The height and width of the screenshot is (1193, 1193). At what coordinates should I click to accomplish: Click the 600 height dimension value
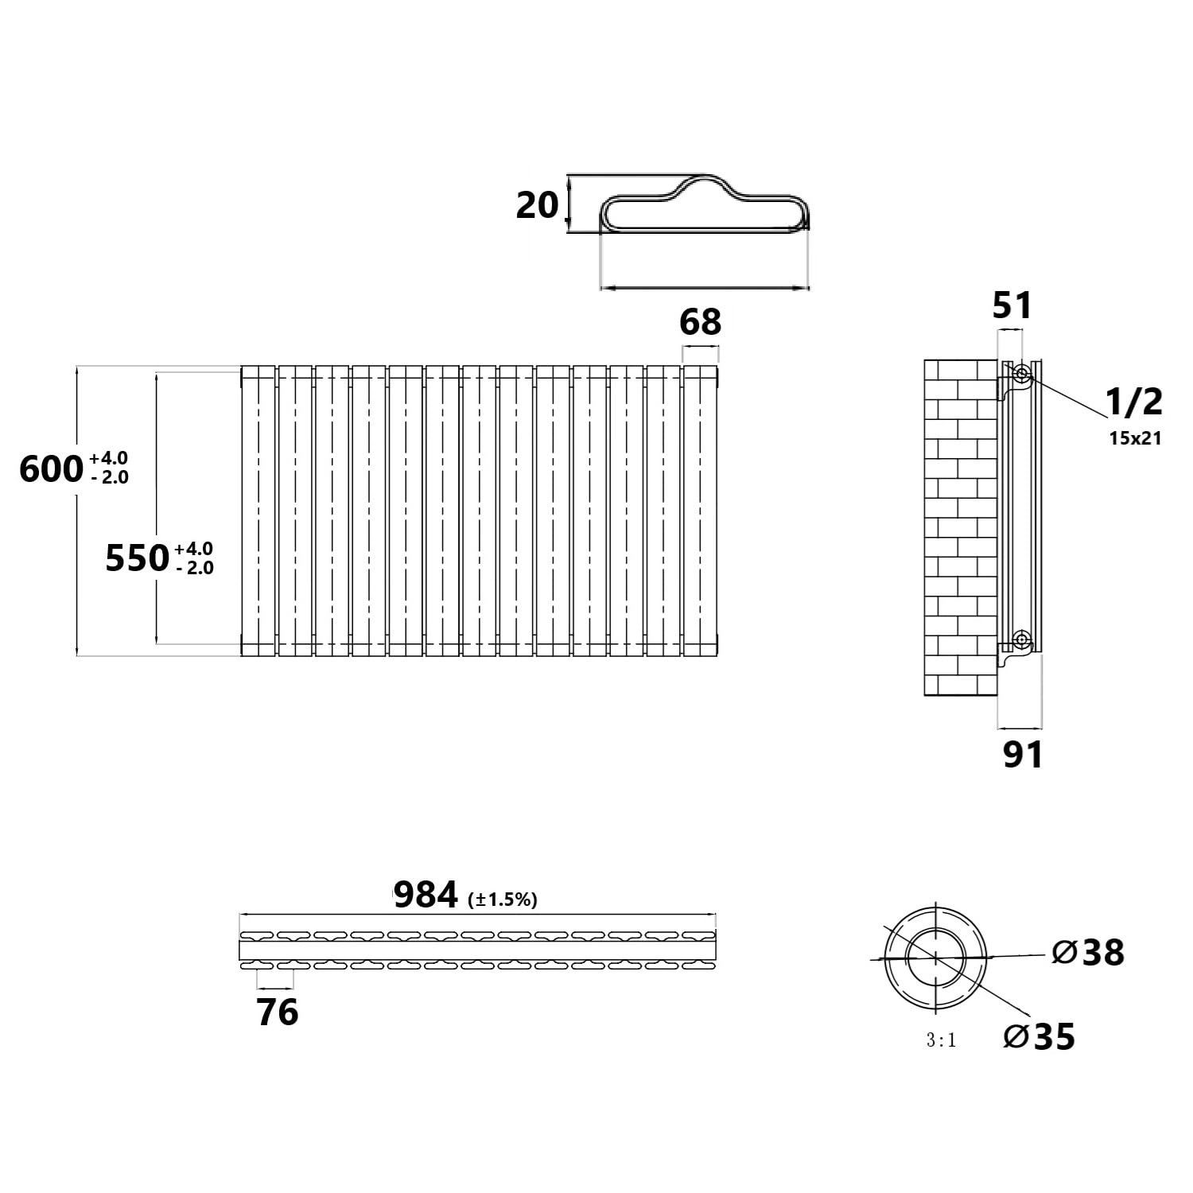click(x=51, y=469)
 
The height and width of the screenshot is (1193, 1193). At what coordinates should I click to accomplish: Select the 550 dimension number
click(x=137, y=558)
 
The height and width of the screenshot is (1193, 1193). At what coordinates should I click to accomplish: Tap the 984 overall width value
click(x=426, y=896)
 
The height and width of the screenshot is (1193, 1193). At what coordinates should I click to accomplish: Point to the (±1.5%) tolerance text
click(x=503, y=900)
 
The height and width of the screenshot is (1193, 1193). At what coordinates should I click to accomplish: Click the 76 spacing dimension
click(x=278, y=1012)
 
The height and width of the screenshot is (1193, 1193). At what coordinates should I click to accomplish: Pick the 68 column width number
click(x=701, y=322)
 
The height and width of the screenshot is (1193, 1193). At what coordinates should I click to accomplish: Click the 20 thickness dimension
click(x=538, y=205)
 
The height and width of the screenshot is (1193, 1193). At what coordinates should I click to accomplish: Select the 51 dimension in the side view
click(x=1012, y=305)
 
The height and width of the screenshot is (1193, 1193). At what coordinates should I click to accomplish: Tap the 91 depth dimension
click(x=1022, y=755)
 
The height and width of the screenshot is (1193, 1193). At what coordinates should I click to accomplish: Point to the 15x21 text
click(x=1136, y=437)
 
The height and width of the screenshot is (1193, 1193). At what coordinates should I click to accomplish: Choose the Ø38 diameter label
click(x=1088, y=952)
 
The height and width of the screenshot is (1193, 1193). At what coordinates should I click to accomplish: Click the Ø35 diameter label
click(x=1040, y=1036)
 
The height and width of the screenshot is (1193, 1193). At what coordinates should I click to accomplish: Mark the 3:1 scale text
click(x=941, y=1040)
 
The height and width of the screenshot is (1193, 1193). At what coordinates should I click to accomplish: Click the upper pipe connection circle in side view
click(x=1021, y=372)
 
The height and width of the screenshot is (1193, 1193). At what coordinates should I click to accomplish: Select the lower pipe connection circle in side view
click(x=1021, y=639)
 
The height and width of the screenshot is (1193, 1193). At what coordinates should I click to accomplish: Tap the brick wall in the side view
click(x=961, y=528)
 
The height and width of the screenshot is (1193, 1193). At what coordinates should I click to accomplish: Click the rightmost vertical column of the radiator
click(x=700, y=511)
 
